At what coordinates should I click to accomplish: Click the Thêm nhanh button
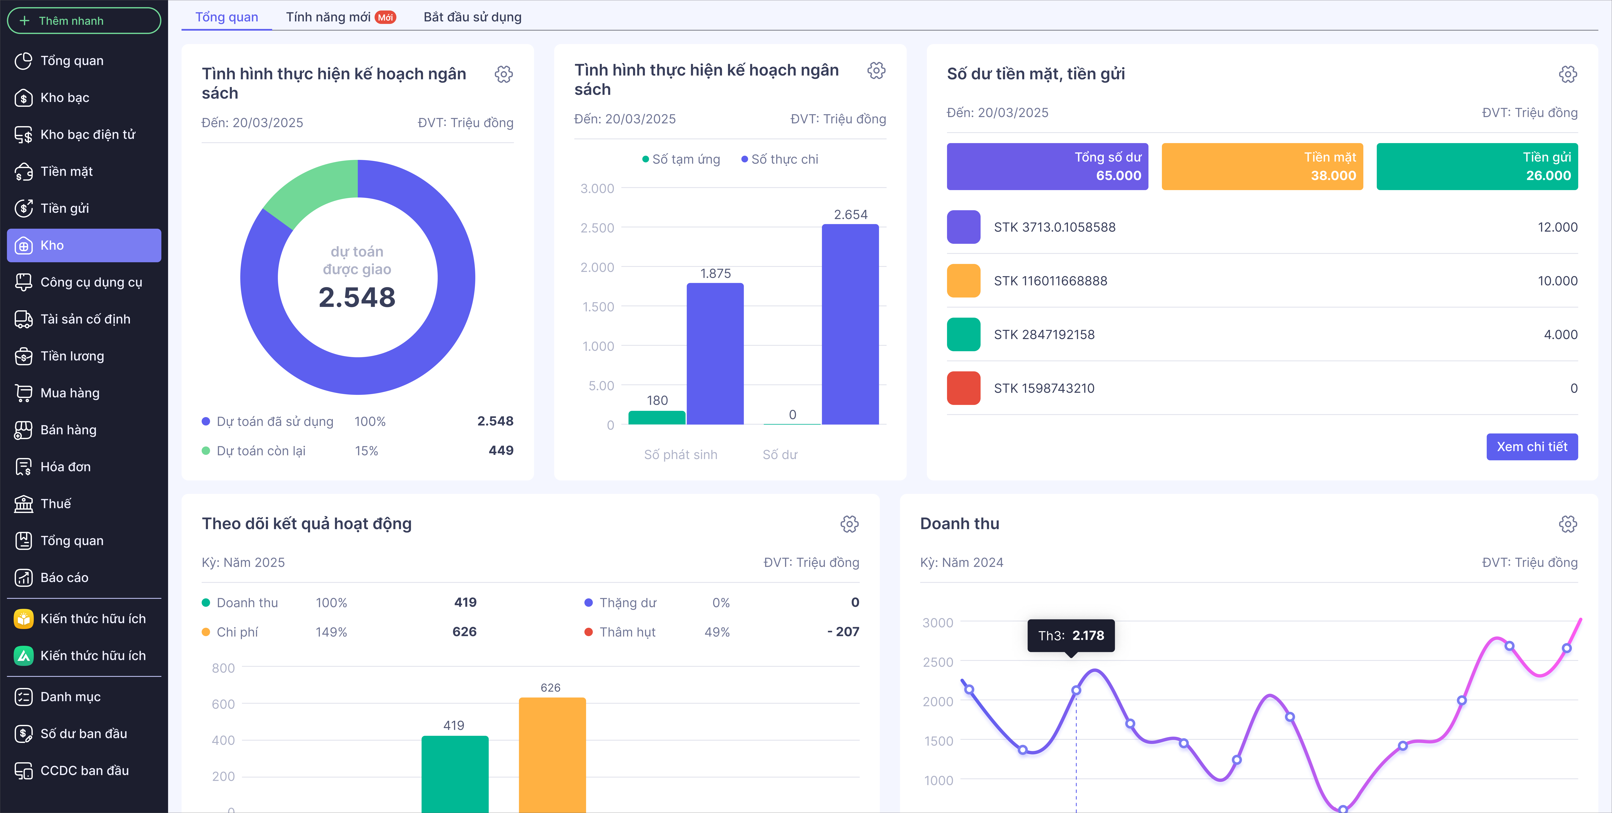click(x=84, y=21)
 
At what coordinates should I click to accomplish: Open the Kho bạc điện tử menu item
click(x=88, y=134)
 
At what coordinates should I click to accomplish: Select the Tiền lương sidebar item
click(x=72, y=356)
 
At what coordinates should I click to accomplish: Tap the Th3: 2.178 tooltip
click(x=1071, y=635)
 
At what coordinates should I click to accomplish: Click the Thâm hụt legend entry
click(x=627, y=632)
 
